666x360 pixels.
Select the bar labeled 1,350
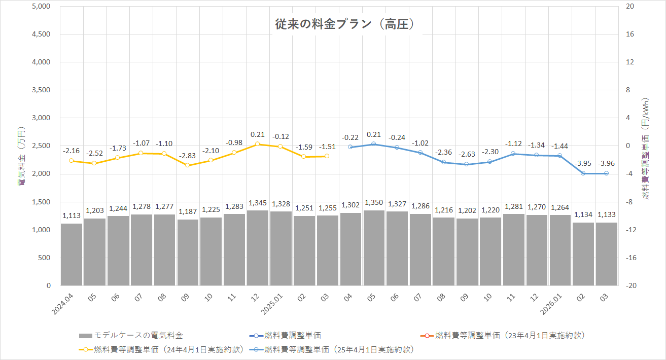(x=374, y=248)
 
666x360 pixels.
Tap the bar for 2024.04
(x=72, y=255)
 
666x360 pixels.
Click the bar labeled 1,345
(x=258, y=248)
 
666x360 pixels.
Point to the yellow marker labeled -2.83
(x=188, y=165)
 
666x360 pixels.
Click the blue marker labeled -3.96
(x=606, y=173)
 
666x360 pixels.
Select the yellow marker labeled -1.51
(x=327, y=156)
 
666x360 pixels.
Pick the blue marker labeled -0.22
(x=350, y=147)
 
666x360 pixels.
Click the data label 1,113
(x=72, y=216)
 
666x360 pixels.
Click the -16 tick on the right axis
(x=631, y=258)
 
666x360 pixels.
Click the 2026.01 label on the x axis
(x=551, y=303)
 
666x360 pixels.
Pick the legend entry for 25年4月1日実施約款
(x=339, y=349)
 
